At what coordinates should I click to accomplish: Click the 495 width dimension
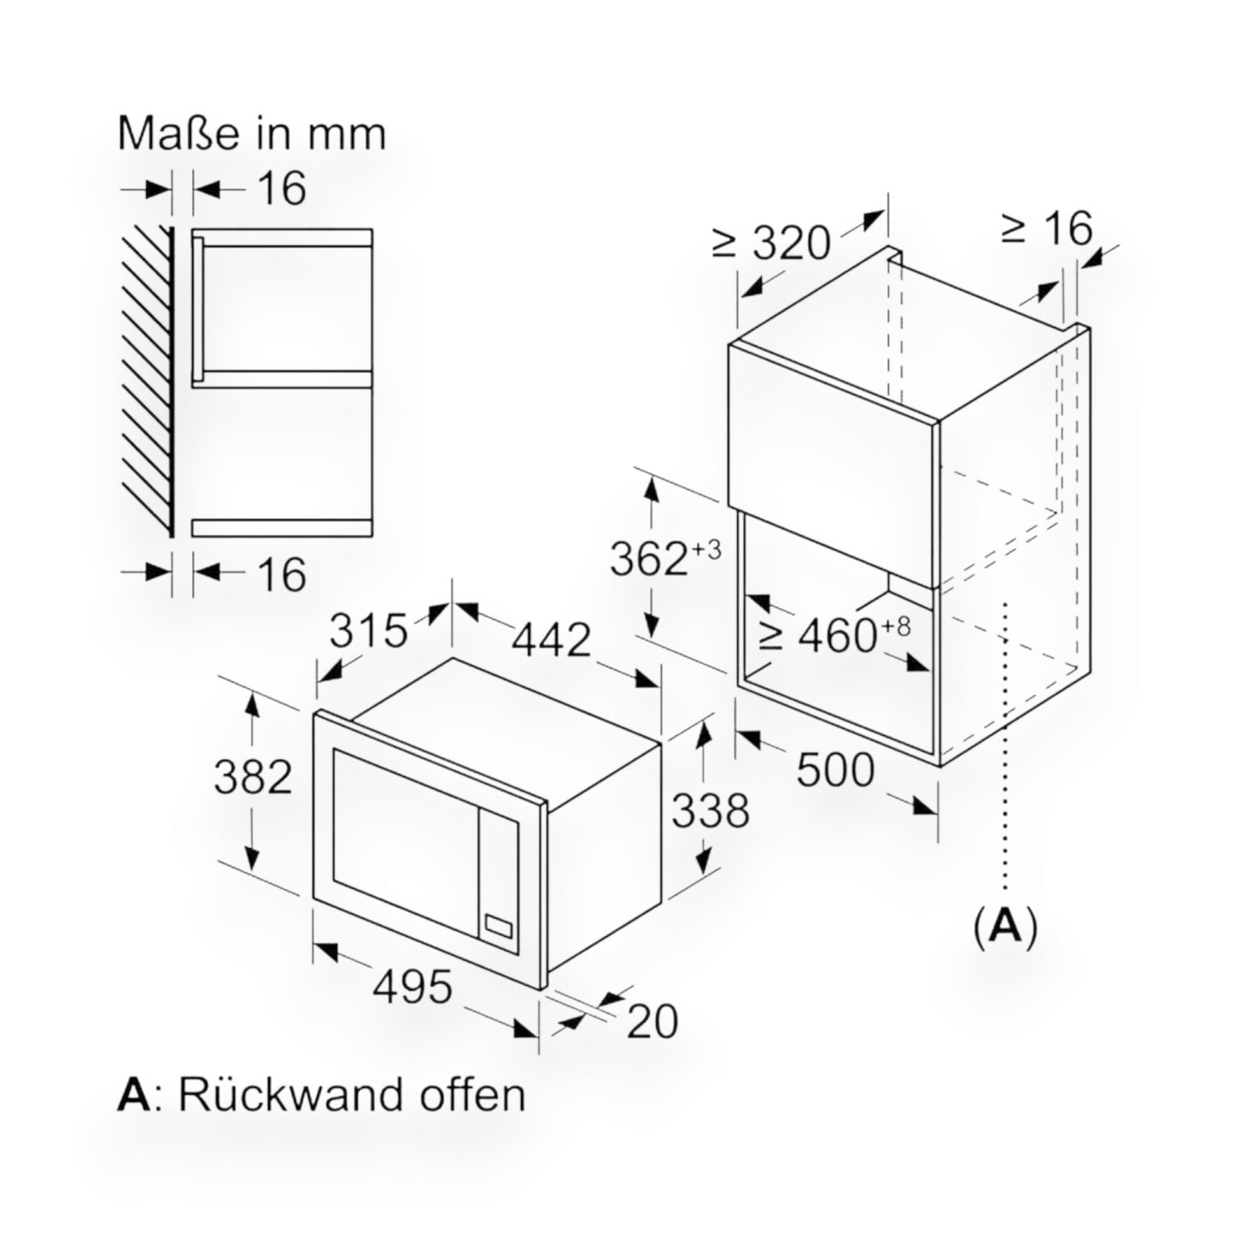412,988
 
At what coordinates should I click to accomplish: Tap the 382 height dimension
253,777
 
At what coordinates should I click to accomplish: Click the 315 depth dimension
369,633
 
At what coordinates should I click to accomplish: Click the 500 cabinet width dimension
835,770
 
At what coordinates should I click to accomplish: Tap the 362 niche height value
649,560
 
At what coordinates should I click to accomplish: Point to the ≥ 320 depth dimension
770,243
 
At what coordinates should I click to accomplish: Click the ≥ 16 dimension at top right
1047,228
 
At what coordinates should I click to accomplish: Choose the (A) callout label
1005,925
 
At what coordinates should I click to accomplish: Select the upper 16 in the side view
281,189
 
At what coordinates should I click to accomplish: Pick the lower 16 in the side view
281,574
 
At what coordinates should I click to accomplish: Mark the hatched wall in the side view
147,380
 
